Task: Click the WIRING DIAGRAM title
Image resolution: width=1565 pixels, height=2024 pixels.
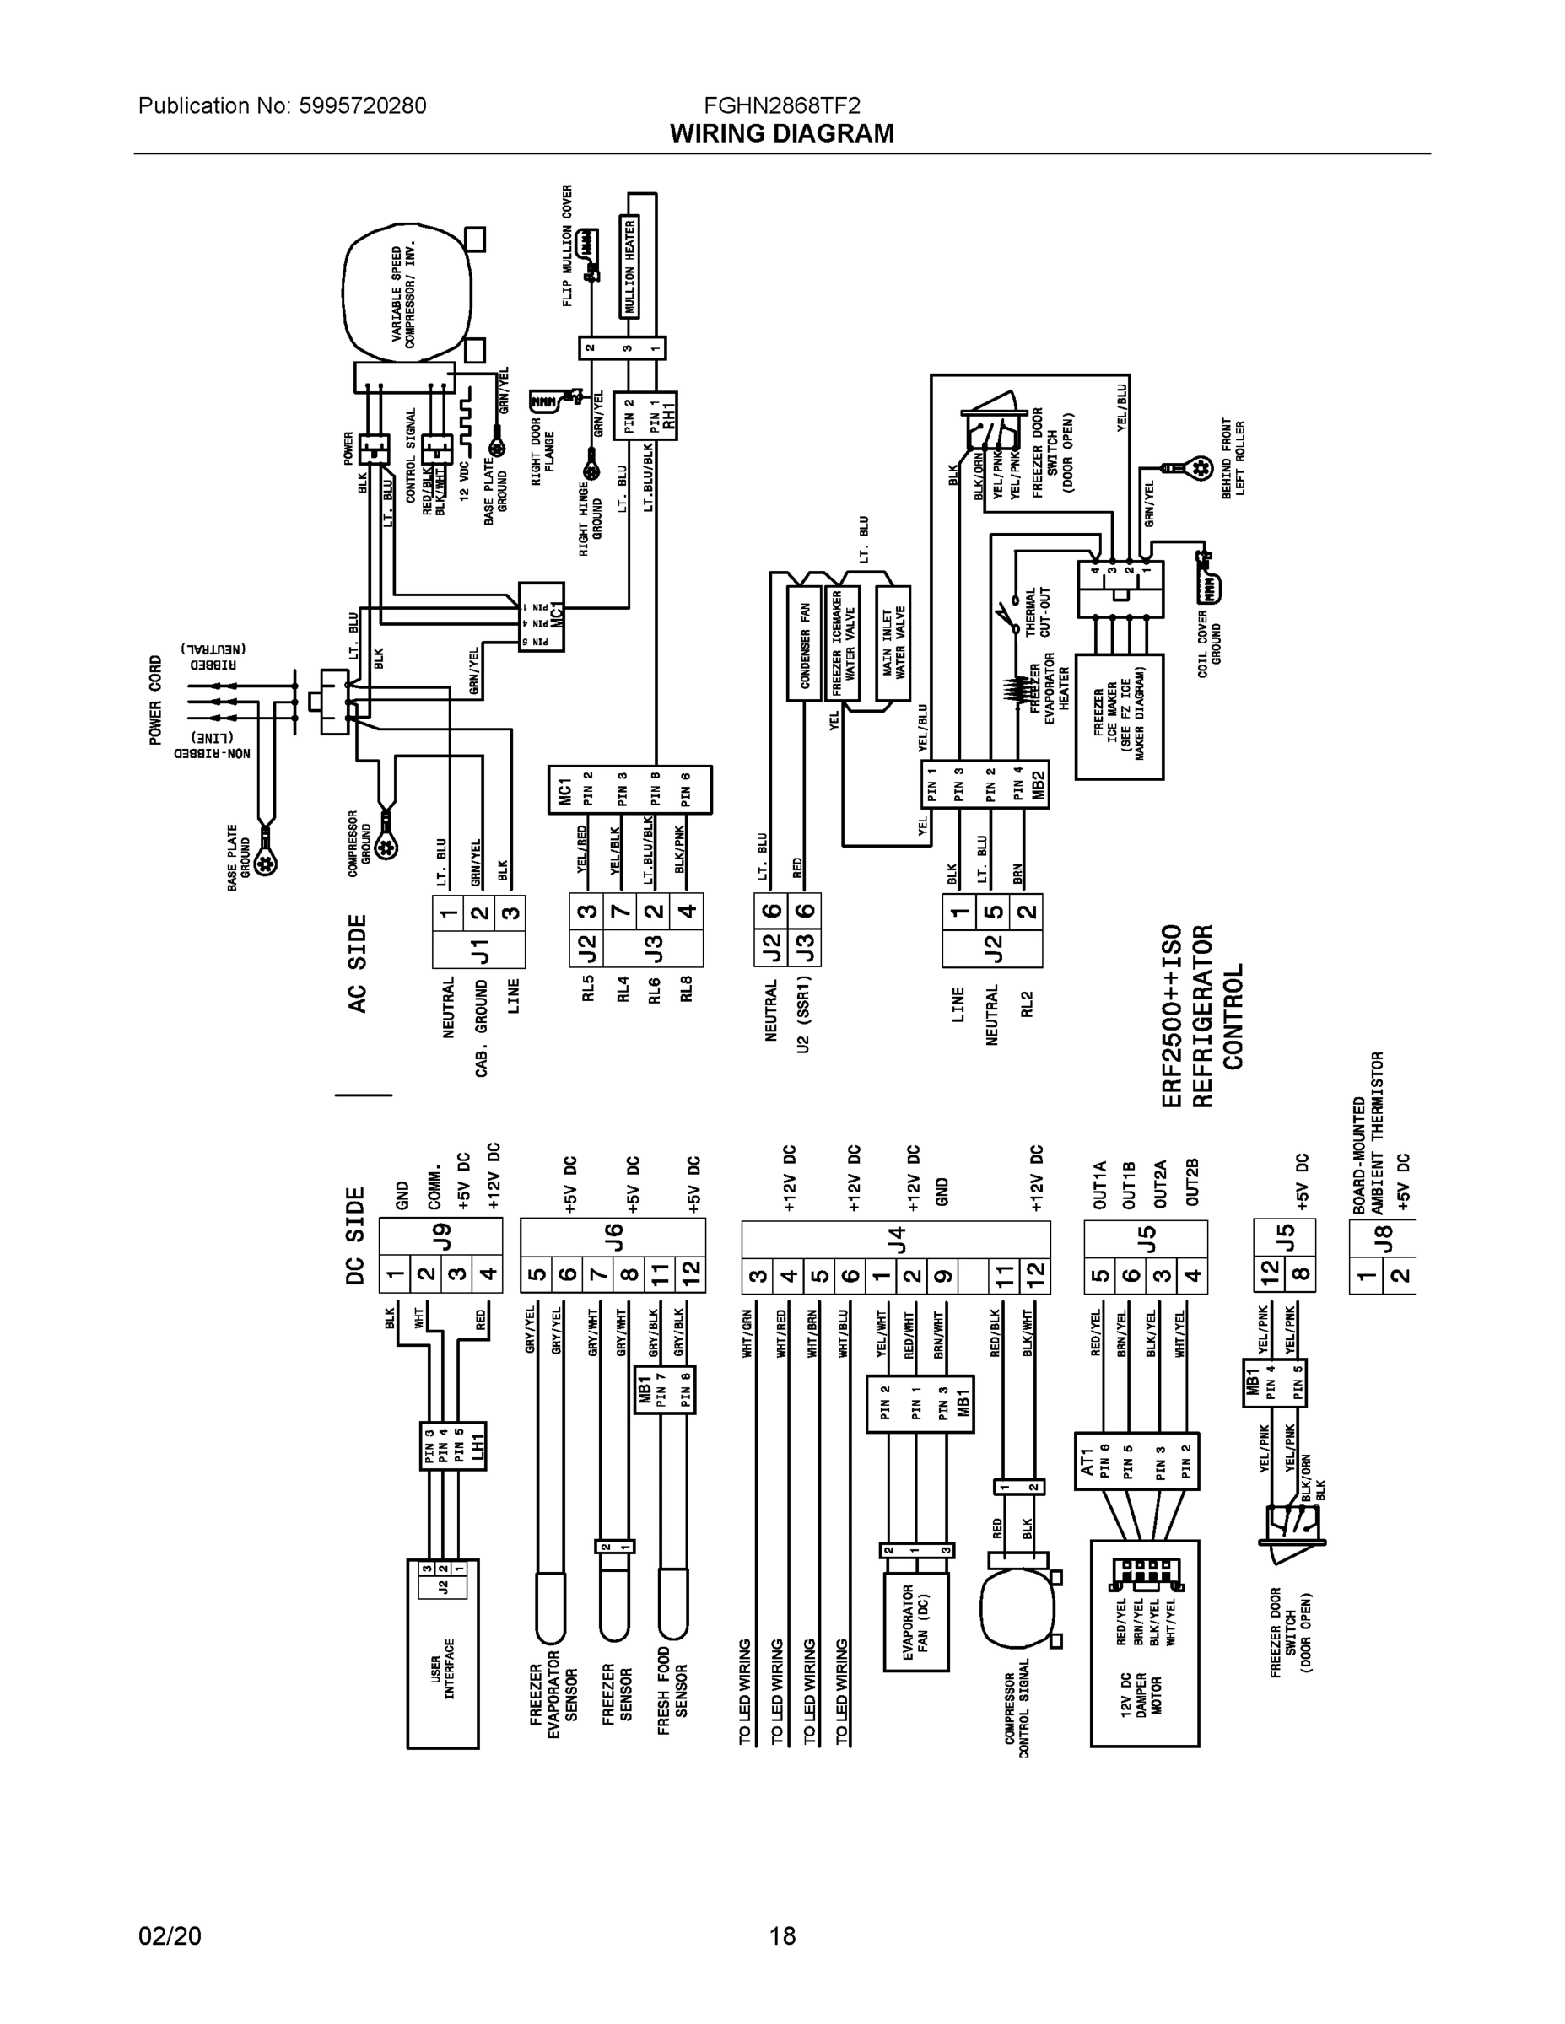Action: (x=781, y=133)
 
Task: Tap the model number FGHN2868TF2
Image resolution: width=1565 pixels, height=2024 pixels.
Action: (x=781, y=105)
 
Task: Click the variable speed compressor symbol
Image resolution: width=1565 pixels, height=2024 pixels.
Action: (x=404, y=294)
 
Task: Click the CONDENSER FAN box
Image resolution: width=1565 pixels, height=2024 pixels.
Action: (x=805, y=643)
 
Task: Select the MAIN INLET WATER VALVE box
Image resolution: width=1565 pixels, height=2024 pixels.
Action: (x=893, y=643)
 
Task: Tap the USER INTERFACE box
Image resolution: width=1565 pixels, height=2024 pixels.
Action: (x=443, y=1668)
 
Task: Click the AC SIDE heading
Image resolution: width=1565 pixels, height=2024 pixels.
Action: (x=358, y=963)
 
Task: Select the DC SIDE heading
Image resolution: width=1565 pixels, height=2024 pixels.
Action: (x=356, y=1235)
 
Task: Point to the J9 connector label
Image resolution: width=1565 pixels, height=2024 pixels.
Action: (x=442, y=1236)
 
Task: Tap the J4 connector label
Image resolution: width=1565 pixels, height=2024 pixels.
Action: (x=896, y=1238)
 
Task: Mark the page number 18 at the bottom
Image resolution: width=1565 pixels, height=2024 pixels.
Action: (x=781, y=1935)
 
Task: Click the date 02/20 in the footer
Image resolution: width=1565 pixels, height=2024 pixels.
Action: (x=170, y=1935)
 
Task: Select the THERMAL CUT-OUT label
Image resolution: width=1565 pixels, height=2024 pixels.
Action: (x=1037, y=611)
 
